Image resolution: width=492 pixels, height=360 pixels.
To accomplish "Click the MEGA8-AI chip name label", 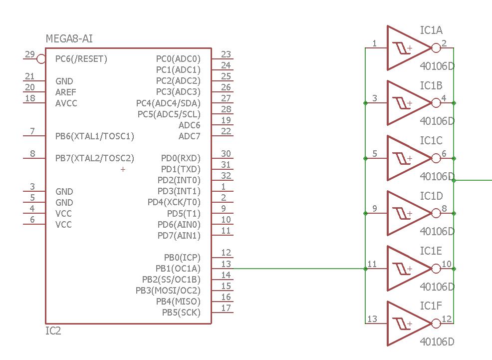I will tap(69, 38).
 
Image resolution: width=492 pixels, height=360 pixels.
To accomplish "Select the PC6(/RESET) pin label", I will tap(81, 59).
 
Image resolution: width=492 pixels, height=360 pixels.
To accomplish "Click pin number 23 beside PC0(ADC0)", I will tap(226, 54).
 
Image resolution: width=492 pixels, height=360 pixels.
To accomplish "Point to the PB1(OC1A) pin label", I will tap(178, 269).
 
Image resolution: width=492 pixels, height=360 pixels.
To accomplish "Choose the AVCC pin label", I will tap(66, 103).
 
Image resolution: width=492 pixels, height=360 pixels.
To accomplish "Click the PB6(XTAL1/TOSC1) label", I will tap(95, 136).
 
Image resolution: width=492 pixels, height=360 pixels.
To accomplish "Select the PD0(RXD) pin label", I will tap(180, 158).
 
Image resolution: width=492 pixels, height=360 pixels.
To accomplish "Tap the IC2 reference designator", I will tap(53, 331).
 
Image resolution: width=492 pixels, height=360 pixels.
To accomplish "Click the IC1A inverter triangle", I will tap(405, 48).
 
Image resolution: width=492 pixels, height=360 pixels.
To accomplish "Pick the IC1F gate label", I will tap(431, 306).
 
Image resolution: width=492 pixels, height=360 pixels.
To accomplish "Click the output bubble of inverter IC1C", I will tap(436, 158).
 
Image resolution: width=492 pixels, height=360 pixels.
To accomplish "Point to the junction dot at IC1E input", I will tap(365, 269).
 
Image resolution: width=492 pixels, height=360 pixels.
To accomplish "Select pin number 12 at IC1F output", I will tap(447, 319).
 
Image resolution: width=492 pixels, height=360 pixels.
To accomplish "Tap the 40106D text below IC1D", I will tap(437, 232).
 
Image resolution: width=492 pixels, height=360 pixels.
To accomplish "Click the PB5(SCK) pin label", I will tap(181, 313).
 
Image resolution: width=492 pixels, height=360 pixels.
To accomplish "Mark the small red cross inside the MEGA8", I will tap(123, 170).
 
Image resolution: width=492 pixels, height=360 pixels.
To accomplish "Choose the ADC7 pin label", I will tap(189, 136).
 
